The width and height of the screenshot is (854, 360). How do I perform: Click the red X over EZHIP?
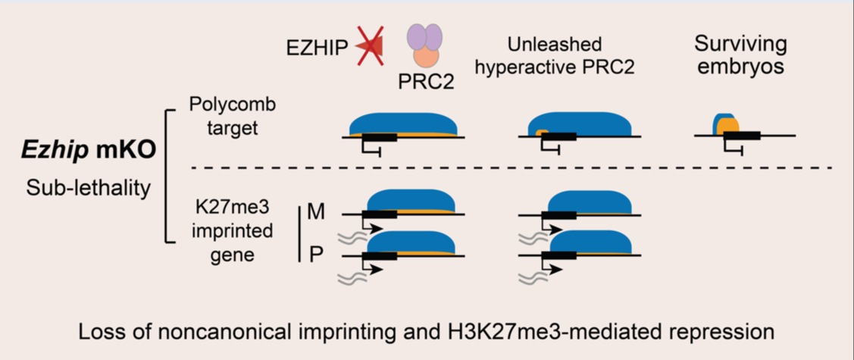point(370,47)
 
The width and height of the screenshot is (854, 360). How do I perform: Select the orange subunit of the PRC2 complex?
point(425,56)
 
